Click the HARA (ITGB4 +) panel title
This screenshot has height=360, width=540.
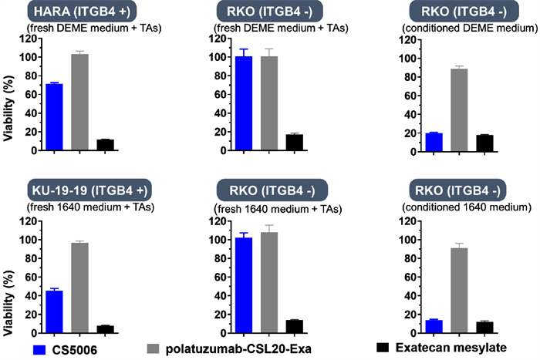coord(79,12)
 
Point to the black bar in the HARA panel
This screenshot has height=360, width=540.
coord(105,145)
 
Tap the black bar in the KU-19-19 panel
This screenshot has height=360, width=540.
coord(105,329)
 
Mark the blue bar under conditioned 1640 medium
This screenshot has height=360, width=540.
coord(434,327)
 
